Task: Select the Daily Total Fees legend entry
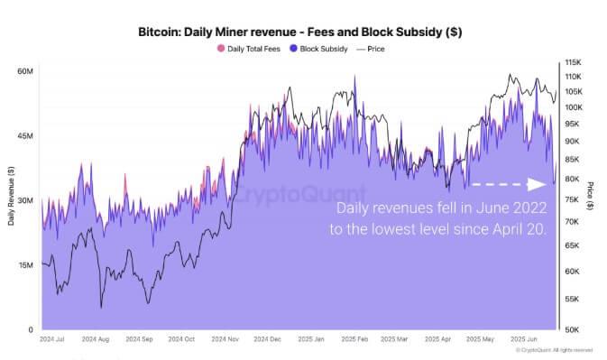tap(249, 49)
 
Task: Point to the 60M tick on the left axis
tap(25, 70)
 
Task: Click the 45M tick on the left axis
tap(25, 135)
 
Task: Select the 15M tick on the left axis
tap(25, 265)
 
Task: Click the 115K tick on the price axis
tap(574, 62)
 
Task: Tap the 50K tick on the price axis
tap(574, 329)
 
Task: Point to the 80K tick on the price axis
tap(574, 179)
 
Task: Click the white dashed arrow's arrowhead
tap(538, 184)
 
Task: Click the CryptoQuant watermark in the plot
tap(300, 194)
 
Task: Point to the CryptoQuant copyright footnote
tap(556, 349)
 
